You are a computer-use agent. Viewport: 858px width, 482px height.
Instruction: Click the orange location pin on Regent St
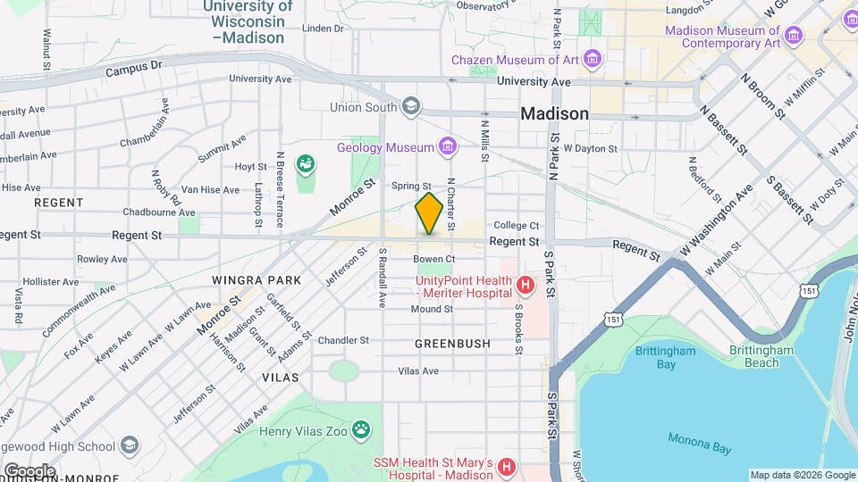pos(429,213)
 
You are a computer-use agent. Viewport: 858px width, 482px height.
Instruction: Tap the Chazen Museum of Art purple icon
pos(591,60)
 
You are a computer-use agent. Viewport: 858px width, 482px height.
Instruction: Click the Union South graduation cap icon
pos(410,107)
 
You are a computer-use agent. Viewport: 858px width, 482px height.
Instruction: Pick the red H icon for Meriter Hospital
pos(526,286)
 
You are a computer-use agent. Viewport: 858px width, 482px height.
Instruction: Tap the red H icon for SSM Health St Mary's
pos(506,467)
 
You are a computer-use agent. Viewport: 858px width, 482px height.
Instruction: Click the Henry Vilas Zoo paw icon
pos(361,431)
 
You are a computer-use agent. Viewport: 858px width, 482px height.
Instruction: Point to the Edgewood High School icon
pos(130,445)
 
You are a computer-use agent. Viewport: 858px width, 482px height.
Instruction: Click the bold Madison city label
pos(554,113)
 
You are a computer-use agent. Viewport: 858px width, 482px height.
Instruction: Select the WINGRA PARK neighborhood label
pos(257,280)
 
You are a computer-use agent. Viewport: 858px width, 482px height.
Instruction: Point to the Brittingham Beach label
pos(761,357)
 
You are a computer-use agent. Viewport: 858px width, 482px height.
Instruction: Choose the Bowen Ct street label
pos(434,259)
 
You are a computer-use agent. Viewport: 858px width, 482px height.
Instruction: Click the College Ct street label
pos(517,226)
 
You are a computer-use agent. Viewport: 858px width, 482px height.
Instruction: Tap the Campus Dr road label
pos(133,68)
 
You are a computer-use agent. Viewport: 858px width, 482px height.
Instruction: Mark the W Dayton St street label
pos(590,148)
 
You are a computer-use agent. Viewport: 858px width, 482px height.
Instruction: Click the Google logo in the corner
pos(29,470)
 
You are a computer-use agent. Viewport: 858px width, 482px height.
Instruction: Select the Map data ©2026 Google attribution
pos(802,475)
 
